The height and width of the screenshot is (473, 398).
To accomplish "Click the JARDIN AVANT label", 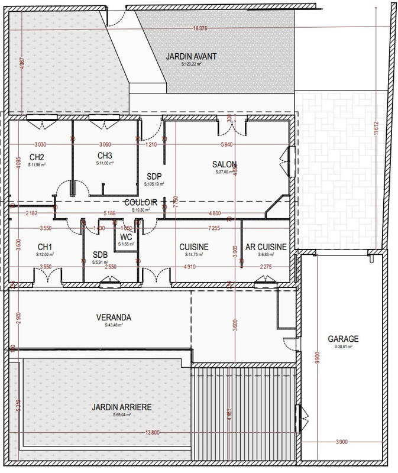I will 191,57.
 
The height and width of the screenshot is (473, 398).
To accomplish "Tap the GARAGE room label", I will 343,339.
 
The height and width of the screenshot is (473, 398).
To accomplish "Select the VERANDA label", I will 114,318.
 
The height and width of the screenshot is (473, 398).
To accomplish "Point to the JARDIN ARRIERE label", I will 121,407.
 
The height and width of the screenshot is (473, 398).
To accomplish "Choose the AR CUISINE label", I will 266,247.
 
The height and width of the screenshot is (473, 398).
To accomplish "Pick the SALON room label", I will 224,164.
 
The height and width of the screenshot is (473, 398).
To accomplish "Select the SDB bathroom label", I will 100,255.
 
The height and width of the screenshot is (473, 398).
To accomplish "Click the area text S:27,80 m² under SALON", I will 224,173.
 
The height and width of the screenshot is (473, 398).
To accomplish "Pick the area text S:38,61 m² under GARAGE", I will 343,347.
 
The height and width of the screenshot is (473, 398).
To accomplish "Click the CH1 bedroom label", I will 46,247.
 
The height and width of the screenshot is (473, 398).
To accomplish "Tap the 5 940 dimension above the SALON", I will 226,144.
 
